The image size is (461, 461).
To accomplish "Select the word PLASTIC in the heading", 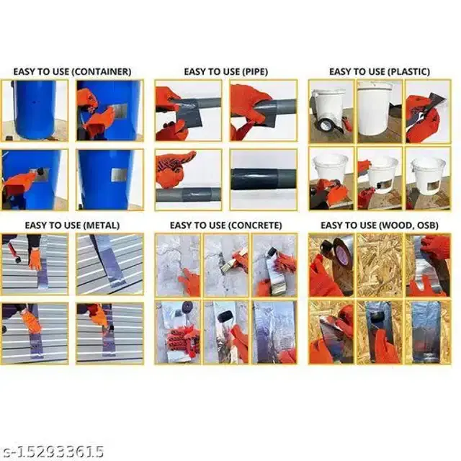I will pyautogui.click(x=406, y=72).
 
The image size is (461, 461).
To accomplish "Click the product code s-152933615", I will pyautogui.click(x=53, y=452).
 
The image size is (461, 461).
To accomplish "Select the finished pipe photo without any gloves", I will pyautogui.click(x=263, y=179).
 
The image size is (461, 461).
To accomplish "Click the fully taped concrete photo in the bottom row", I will pyautogui.click(x=274, y=332).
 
